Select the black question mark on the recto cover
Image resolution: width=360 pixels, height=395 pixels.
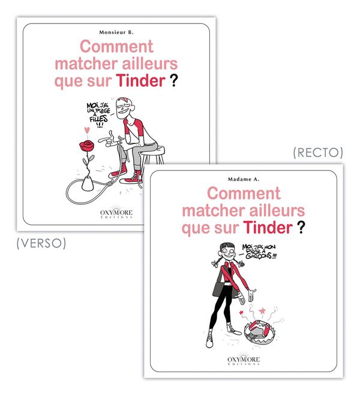click(x=299, y=228)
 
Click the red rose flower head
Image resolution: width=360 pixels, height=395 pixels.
click(x=85, y=146)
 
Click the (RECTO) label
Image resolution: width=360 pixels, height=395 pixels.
click(x=317, y=153)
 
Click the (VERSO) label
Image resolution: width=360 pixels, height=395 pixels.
click(x=40, y=243)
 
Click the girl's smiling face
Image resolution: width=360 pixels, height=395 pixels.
click(x=229, y=252)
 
